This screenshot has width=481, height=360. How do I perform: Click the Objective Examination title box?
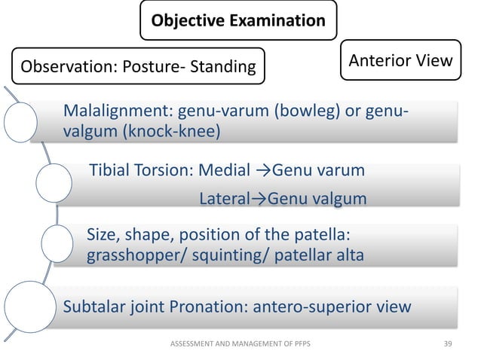point(239,21)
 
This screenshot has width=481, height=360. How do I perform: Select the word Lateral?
point(224,200)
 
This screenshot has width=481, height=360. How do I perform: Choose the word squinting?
point(219,255)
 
